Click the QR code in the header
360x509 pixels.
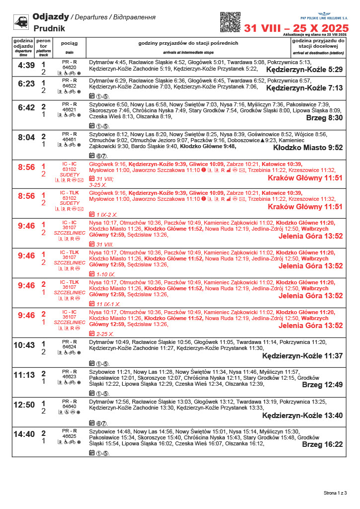point(230,22)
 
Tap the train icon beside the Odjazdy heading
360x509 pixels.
point(21,22)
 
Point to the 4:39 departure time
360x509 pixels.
point(26,65)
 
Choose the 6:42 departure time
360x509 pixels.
point(26,107)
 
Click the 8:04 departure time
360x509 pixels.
point(26,137)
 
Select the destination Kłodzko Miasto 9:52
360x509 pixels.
point(308,148)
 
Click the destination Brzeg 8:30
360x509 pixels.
point(324,118)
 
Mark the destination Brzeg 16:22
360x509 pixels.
point(322,444)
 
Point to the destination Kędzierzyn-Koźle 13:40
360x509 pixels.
point(302,416)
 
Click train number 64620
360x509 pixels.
point(69,67)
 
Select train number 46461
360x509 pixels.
point(69,140)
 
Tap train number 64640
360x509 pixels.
point(69,406)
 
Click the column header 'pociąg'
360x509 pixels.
point(69,43)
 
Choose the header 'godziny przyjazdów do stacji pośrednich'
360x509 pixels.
point(188,43)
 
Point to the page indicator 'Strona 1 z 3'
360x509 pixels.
point(335,493)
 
